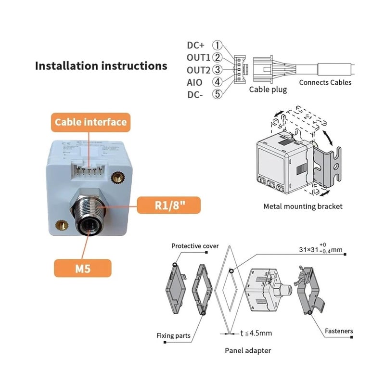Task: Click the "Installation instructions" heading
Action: [x=101, y=65]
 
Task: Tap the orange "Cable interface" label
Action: [x=90, y=122]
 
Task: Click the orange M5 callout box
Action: [x=82, y=268]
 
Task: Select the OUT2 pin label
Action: [x=198, y=70]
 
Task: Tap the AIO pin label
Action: [x=194, y=82]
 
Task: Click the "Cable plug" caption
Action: [x=268, y=90]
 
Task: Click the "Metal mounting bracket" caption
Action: [x=303, y=206]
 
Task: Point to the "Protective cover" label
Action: [x=195, y=246]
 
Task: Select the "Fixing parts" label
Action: [x=173, y=335]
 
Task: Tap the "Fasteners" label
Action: [x=338, y=331]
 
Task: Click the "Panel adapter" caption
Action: [x=248, y=351]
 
